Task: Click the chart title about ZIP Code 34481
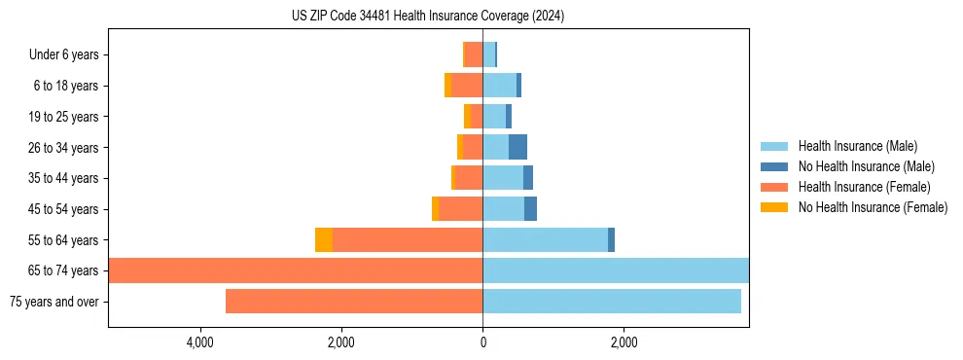[x=427, y=17]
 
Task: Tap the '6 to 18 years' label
[x=66, y=86]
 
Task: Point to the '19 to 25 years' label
[x=64, y=117]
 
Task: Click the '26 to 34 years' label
[x=64, y=148]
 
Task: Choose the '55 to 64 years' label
[x=64, y=239]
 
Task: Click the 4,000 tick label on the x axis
[x=199, y=342]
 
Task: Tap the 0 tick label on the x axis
[x=482, y=342]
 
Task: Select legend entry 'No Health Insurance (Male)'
[x=866, y=167]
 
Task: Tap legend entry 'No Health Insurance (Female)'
[x=873, y=207]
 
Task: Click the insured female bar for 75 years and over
[x=354, y=302]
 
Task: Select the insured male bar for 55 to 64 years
[x=545, y=239]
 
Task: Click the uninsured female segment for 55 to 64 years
[x=324, y=239]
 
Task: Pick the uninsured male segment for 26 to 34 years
[x=517, y=148]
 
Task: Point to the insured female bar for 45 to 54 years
[x=460, y=209]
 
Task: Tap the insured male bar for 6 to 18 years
[x=499, y=86]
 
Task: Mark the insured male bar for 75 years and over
[x=612, y=302]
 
